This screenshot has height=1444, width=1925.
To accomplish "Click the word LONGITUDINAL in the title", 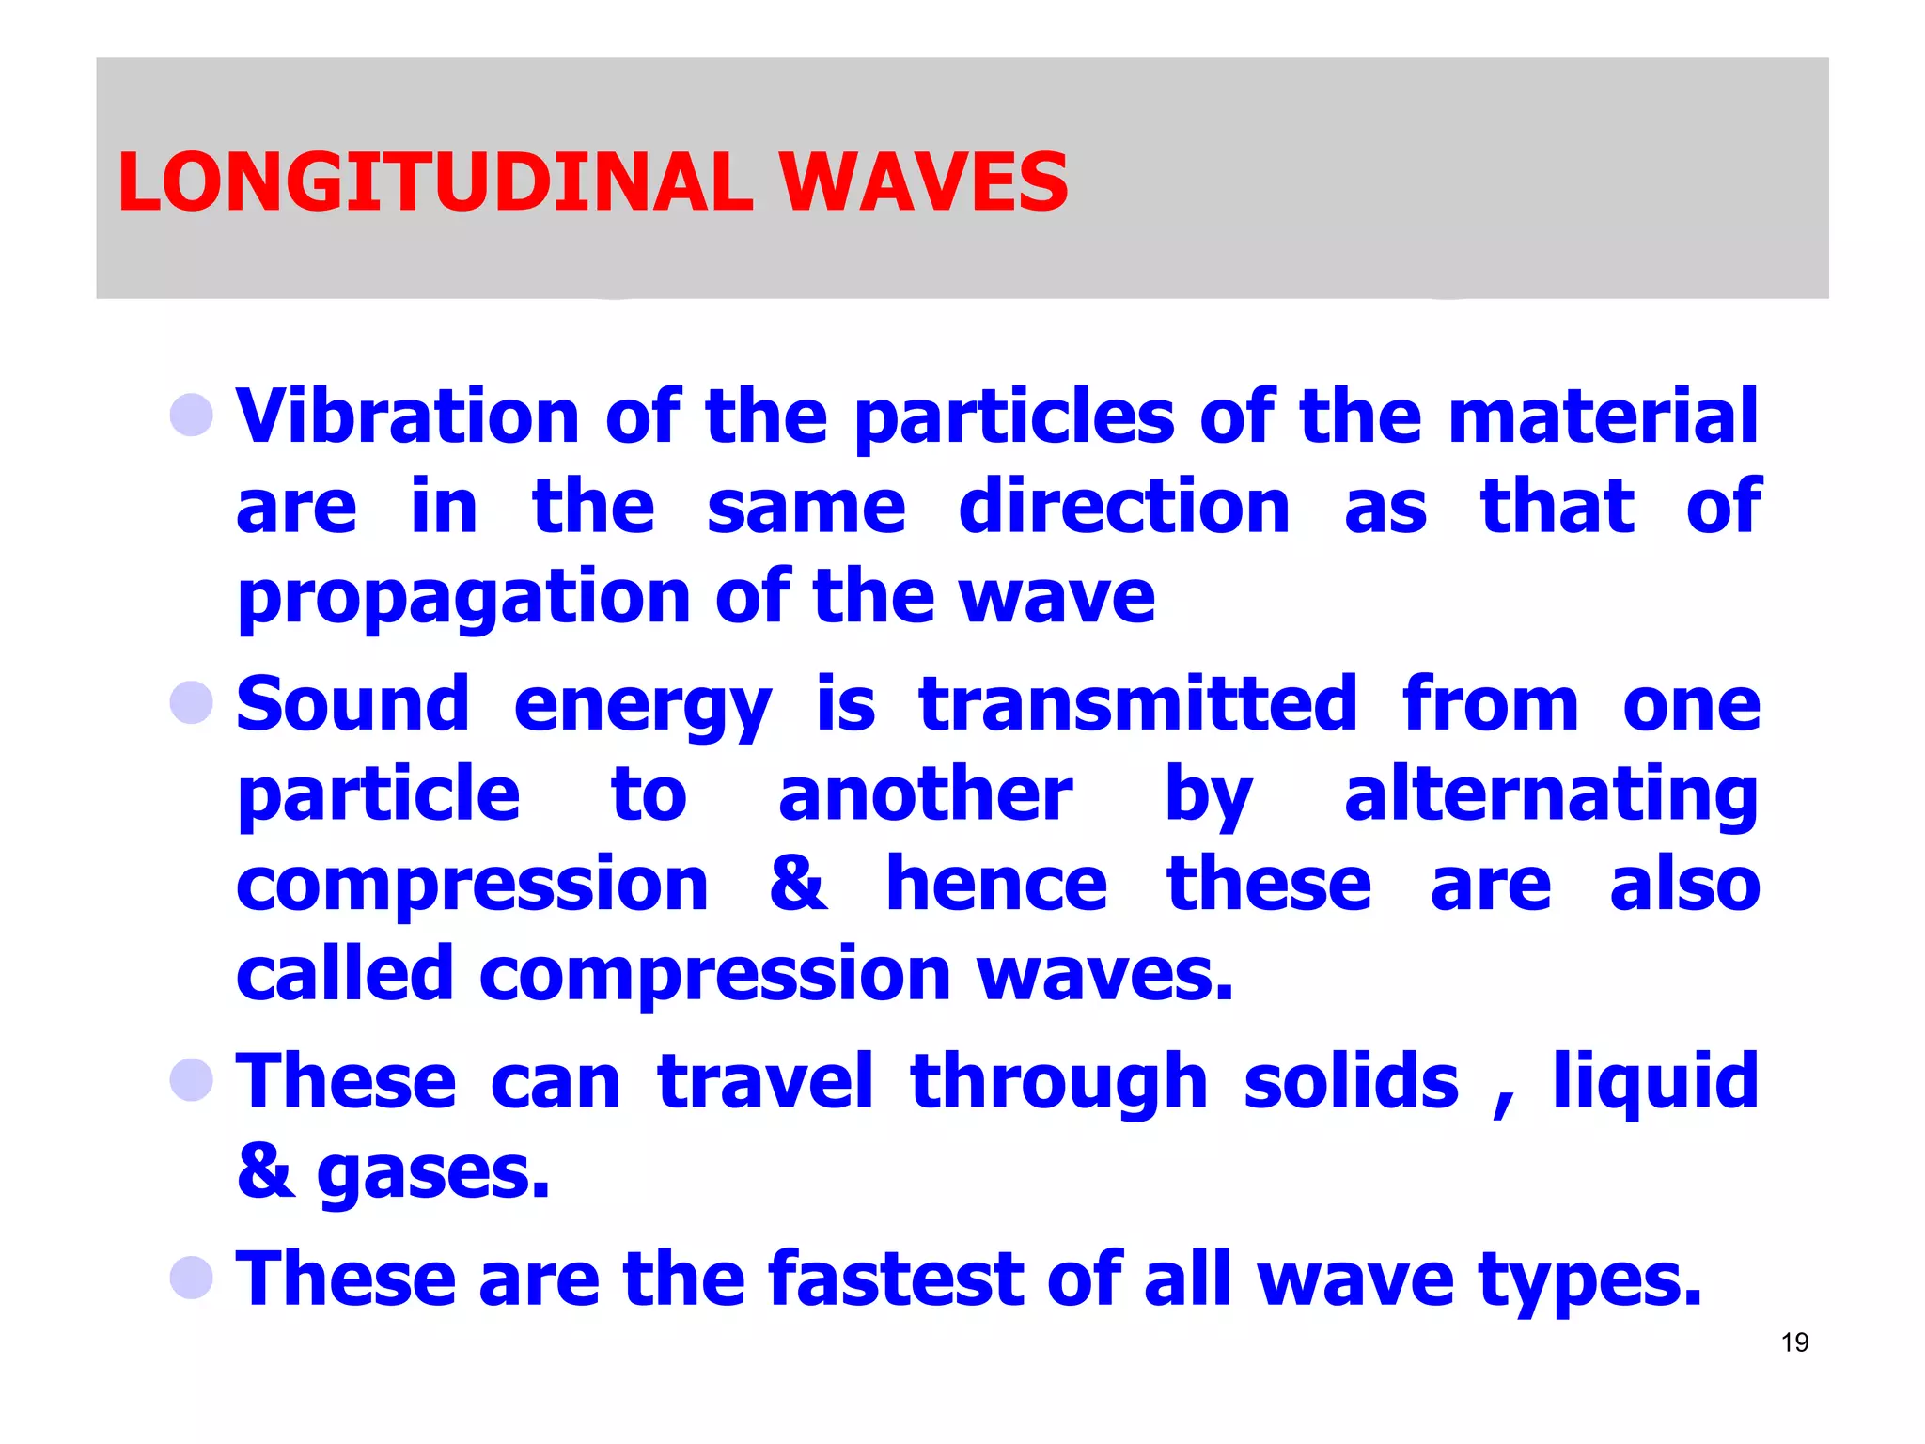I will click(x=435, y=181).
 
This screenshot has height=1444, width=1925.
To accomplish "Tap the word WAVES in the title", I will click(x=924, y=181).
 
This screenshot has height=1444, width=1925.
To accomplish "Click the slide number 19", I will click(x=1794, y=1342).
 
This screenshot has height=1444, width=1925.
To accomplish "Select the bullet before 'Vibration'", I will click(x=192, y=415).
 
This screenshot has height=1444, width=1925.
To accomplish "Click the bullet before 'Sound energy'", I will click(x=192, y=702).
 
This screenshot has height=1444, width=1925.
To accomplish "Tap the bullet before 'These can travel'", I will click(x=192, y=1079).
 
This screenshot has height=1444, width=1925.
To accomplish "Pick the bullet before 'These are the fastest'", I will click(x=192, y=1278).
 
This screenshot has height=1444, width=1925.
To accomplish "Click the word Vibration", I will click(x=407, y=416).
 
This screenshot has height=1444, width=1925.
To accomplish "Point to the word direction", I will click(x=1124, y=507).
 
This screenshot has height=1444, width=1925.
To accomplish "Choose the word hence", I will click(x=997, y=885).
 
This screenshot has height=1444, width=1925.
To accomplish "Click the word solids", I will click(x=1351, y=1081).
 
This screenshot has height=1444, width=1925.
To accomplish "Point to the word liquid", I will click(x=1655, y=1083).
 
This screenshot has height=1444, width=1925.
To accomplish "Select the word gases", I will click(x=432, y=1175).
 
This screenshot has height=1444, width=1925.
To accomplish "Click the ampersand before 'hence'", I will click(x=798, y=885).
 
